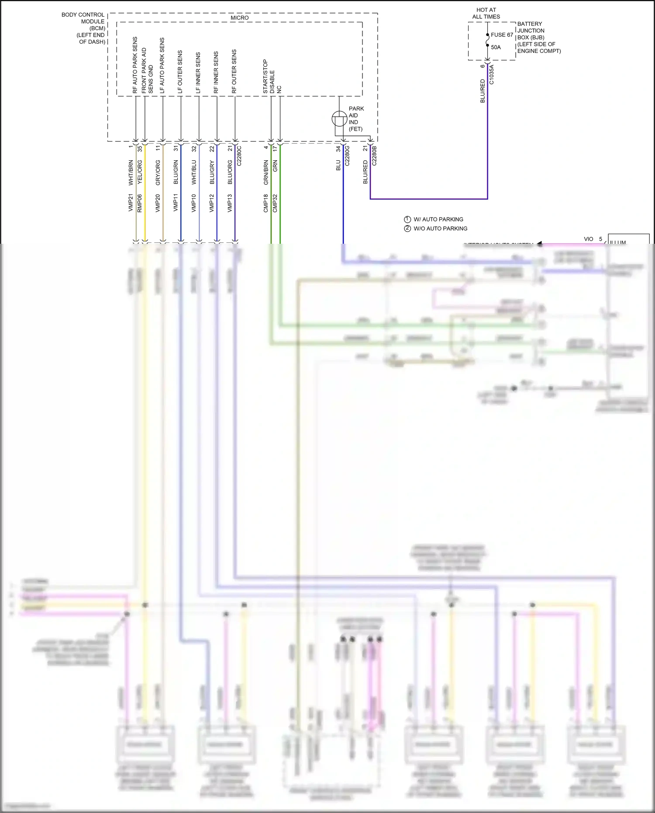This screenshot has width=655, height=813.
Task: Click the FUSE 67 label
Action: coord(502,35)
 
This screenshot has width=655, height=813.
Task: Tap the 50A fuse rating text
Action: coord(496,47)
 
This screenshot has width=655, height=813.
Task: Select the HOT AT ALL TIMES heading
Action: coord(486,13)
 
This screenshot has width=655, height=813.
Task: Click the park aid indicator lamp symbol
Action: coord(339,118)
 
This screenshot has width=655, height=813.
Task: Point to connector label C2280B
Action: coord(374,156)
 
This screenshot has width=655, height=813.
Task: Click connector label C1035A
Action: coord(491,75)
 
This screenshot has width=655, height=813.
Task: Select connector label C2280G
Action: coord(347,156)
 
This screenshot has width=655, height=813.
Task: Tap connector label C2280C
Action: coord(239,156)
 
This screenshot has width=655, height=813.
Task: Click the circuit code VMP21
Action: coord(131,203)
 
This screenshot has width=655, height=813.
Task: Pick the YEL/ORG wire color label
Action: coord(140,171)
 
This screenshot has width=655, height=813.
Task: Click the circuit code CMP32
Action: coord(275,203)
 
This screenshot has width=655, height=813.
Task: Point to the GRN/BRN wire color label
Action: coord(266,172)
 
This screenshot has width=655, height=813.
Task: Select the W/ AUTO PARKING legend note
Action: coord(438,219)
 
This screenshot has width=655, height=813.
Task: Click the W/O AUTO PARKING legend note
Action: coord(440,228)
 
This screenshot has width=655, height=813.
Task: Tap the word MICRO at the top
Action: coord(239,18)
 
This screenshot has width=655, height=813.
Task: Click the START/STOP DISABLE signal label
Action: coord(269,77)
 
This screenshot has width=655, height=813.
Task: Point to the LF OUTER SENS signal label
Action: coord(180,72)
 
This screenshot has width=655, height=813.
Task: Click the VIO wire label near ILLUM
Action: coord(588,239)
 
